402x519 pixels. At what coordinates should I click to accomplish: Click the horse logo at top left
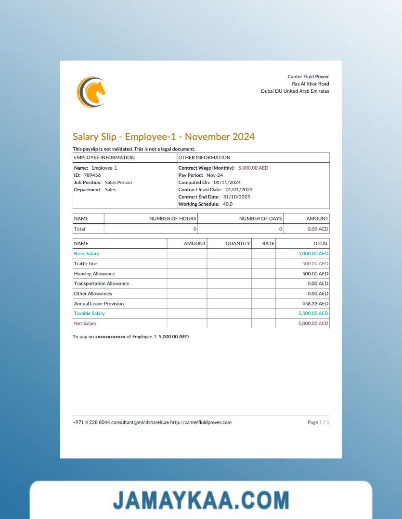[x=91, y=92]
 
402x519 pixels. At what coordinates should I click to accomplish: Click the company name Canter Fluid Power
[x=308, y=77]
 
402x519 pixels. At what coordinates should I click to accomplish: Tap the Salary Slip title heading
[x=163, y=137]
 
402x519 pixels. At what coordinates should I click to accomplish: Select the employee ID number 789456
[x=92, y=175]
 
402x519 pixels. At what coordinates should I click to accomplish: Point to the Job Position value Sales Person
[x=118, y=183]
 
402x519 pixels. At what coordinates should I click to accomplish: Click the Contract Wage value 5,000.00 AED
[x=253, y=168]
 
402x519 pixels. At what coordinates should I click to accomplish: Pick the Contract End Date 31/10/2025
[x=236, y=197]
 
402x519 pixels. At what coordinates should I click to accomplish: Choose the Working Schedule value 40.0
[x=227, y=204]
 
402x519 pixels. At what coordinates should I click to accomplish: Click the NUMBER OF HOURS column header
[x=172, y=219]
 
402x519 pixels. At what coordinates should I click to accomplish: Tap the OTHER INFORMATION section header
[x=204, y=158]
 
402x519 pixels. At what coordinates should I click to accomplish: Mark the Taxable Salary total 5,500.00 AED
[x=313, y=313]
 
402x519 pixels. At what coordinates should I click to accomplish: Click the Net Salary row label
[x=85, y=324]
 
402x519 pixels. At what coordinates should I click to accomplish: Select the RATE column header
[x=268, y=244]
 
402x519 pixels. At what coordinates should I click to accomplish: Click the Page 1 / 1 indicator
[x=318, y=422]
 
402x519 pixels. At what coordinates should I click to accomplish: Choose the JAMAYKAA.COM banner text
[x=201, y=500]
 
